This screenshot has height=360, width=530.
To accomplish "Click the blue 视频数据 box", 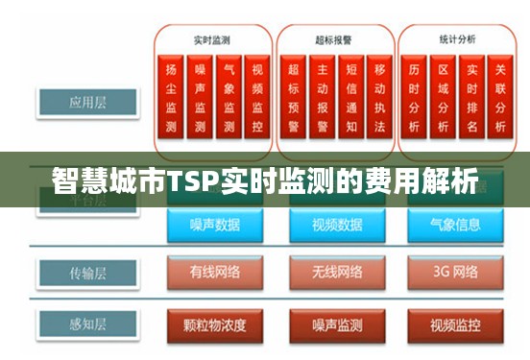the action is coord(335,226).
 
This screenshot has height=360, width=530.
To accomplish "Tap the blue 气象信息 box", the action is coord(457,226).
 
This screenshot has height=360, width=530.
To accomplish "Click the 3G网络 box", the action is coord(457,273).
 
